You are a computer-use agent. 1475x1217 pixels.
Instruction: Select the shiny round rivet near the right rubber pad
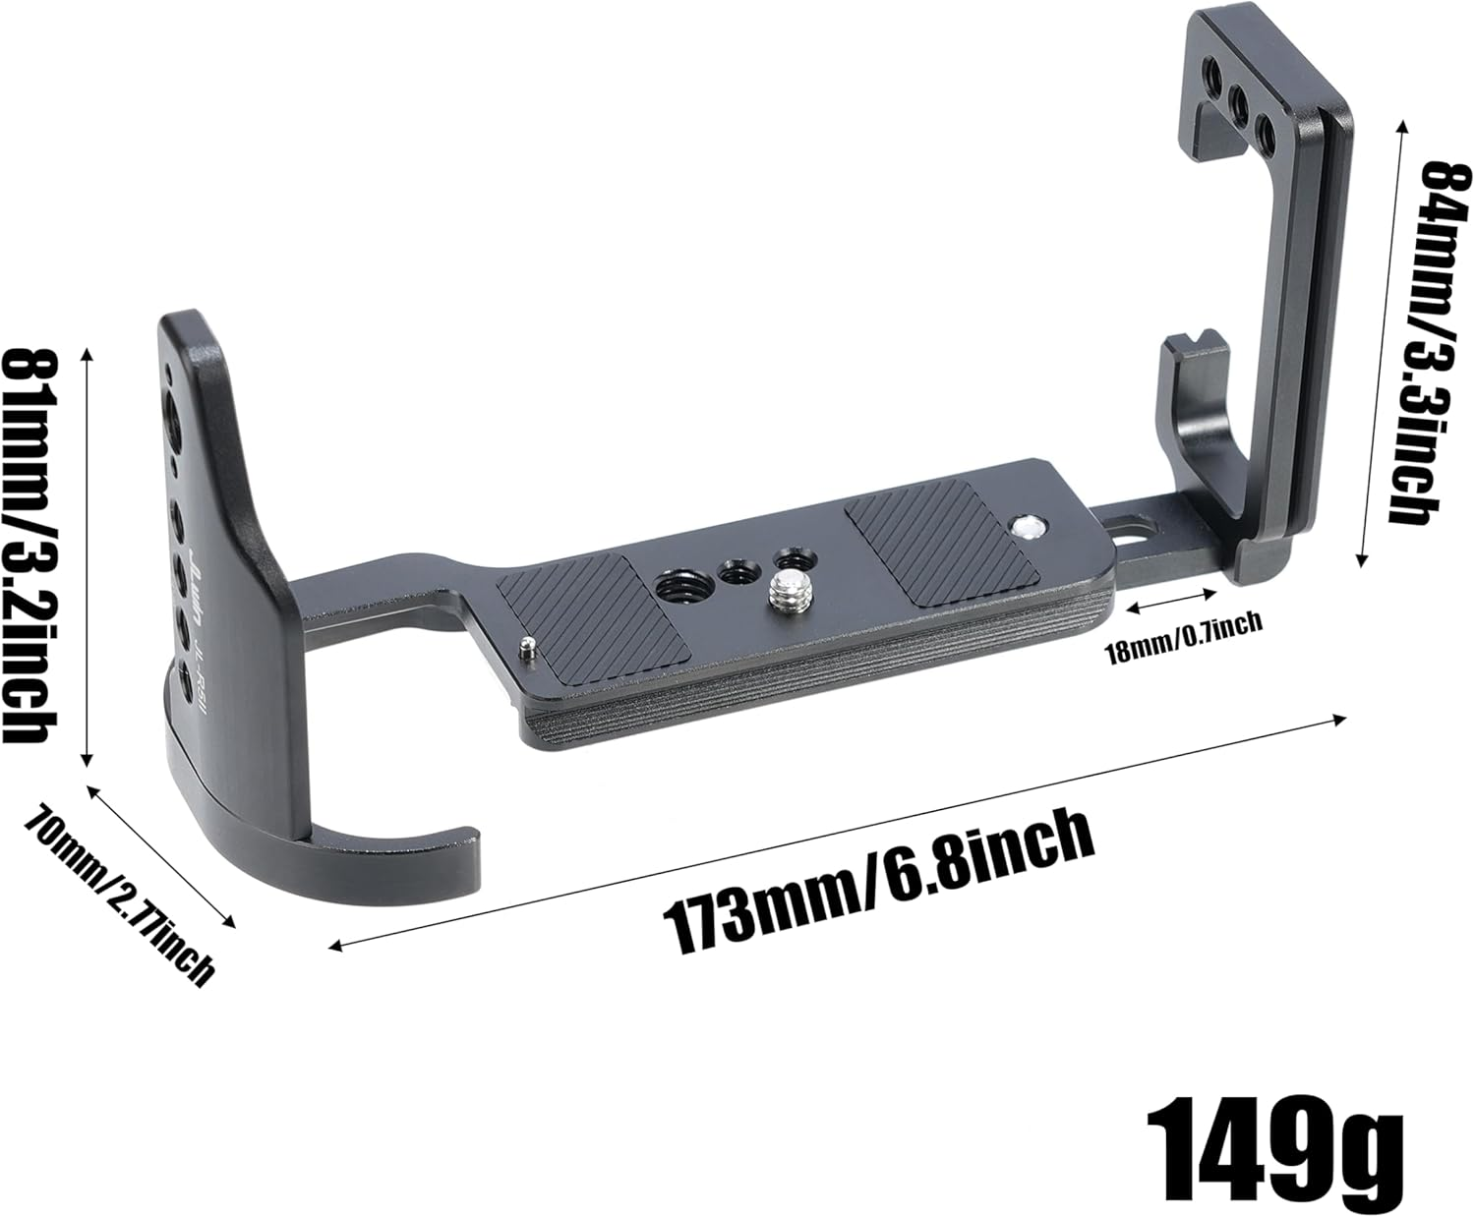(1028, 528)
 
